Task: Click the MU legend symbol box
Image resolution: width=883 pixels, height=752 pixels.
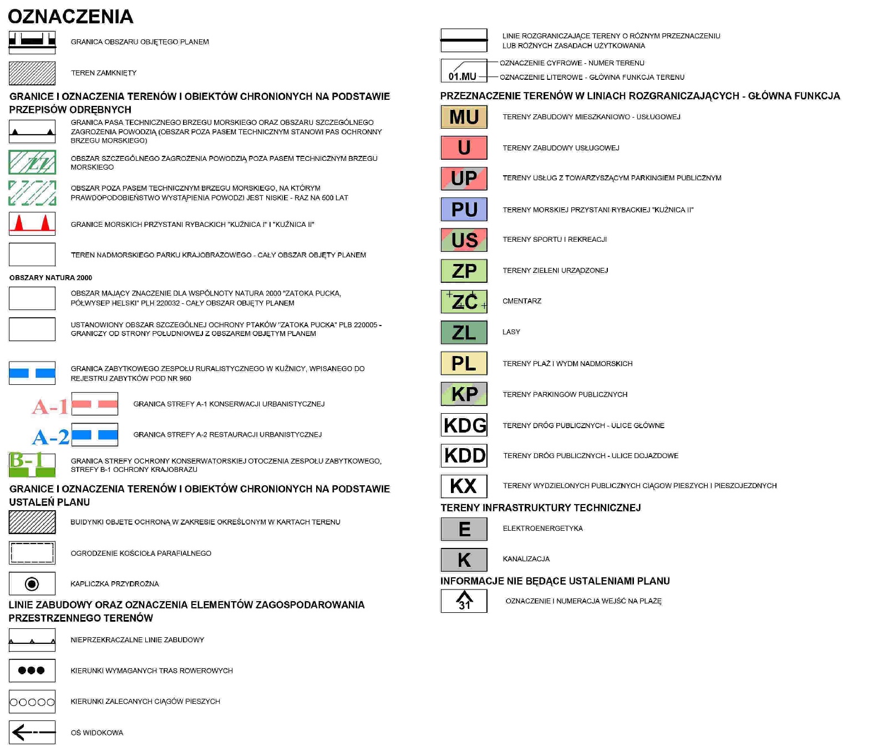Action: pos(464,117)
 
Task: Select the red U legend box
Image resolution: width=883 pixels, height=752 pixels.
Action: pos(464,148)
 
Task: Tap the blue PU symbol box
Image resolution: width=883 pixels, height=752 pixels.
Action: pos(464,209)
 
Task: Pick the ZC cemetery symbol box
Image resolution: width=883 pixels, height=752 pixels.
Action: pos(464,302)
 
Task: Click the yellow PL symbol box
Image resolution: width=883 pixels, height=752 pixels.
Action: pos(464,363)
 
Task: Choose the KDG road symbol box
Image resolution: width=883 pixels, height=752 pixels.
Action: pos(464,425)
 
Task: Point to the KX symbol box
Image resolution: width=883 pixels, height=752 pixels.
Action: pos(464,486)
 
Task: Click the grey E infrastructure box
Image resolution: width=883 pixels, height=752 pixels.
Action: pos(464,529)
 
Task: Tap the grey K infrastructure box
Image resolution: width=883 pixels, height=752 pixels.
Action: pos(464,560)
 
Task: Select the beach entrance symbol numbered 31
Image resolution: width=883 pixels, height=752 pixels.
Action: pos(464,601)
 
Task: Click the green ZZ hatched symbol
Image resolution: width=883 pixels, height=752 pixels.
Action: pos(32,162)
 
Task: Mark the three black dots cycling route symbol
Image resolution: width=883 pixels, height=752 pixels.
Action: pos(32,670)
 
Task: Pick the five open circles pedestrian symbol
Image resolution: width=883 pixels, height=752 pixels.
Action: pos(32,702)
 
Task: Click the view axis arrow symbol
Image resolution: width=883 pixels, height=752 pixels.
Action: pos(32,733)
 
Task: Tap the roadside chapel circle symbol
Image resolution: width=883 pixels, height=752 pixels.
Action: pos(32,583)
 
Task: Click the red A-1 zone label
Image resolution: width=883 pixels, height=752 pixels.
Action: pos(50,407)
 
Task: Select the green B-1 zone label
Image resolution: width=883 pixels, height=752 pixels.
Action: pos(26,460)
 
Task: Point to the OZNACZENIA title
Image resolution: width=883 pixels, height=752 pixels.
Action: pos(70,17)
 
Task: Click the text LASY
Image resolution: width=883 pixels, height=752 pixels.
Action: pos(511,332)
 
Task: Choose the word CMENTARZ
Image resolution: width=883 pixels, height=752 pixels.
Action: pos(521,301)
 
